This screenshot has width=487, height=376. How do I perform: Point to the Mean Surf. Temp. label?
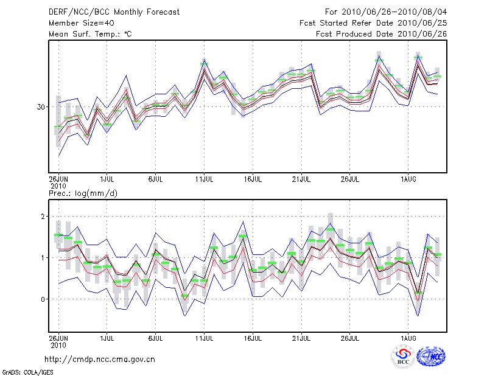pyautogui.click(x=90, y=34)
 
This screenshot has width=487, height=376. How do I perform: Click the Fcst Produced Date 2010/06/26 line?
pyautogui.click(x=381, y=34)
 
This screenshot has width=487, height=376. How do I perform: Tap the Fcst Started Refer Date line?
pyautogui.click(x=373, y=23)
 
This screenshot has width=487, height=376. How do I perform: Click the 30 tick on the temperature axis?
pyautogui.click(x=40, y=107)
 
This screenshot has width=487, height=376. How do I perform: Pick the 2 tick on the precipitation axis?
pyautogui.click(x=42, y=217)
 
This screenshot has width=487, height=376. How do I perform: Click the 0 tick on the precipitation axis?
pyautogui.click(x=42, y=299)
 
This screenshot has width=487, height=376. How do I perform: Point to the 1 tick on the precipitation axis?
pyautogui.click(x=42, y=258)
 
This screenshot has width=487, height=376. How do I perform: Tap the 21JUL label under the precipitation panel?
pyautogui.click(x=302, y=336)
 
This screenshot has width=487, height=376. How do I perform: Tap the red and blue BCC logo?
pyautogui.click(x=403, y=357)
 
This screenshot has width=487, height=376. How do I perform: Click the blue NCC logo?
pyautogui.click(x=431, y=357)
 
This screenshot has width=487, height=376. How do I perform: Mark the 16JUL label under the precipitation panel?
pyautogui.click(x=253, y=336)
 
